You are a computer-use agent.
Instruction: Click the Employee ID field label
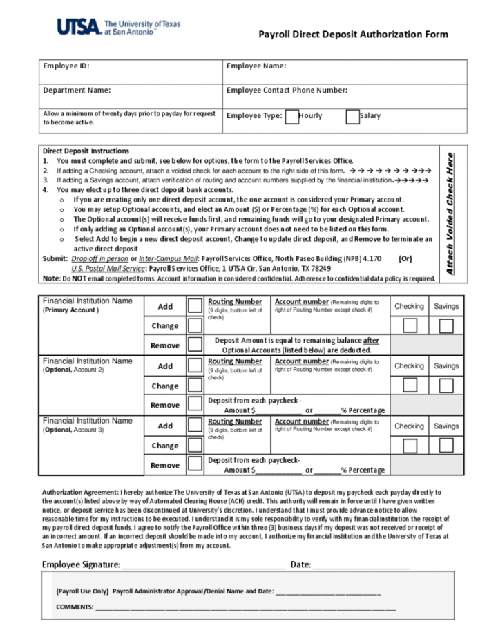[66, 66]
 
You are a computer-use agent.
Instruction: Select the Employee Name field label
[256, 66]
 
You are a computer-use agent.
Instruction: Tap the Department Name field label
[77, 90]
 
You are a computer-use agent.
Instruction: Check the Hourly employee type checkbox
[292, 116]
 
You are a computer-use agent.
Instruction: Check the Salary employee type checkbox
[352, 116]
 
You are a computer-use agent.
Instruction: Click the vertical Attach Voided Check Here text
[450, 214]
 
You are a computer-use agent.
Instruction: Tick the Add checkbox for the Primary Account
[195, 306]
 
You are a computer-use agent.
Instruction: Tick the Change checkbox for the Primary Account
[195, 325]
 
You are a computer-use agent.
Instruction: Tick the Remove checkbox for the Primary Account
[195, 344]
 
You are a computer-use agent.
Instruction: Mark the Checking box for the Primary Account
[410, 325]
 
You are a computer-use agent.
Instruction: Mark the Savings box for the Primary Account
[446, 325]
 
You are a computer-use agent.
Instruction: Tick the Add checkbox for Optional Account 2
[195, 366]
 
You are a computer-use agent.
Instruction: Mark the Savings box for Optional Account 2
[446, 386]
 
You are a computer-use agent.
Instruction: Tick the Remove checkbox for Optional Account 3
[195, 464]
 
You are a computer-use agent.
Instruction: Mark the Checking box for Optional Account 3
[410, 446]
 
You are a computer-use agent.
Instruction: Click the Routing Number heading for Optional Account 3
[235, 421]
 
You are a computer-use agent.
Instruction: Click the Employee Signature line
[203, 565]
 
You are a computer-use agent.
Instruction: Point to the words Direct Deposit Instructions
[86, 151]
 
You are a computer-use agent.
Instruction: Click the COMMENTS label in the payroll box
[75, 607]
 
